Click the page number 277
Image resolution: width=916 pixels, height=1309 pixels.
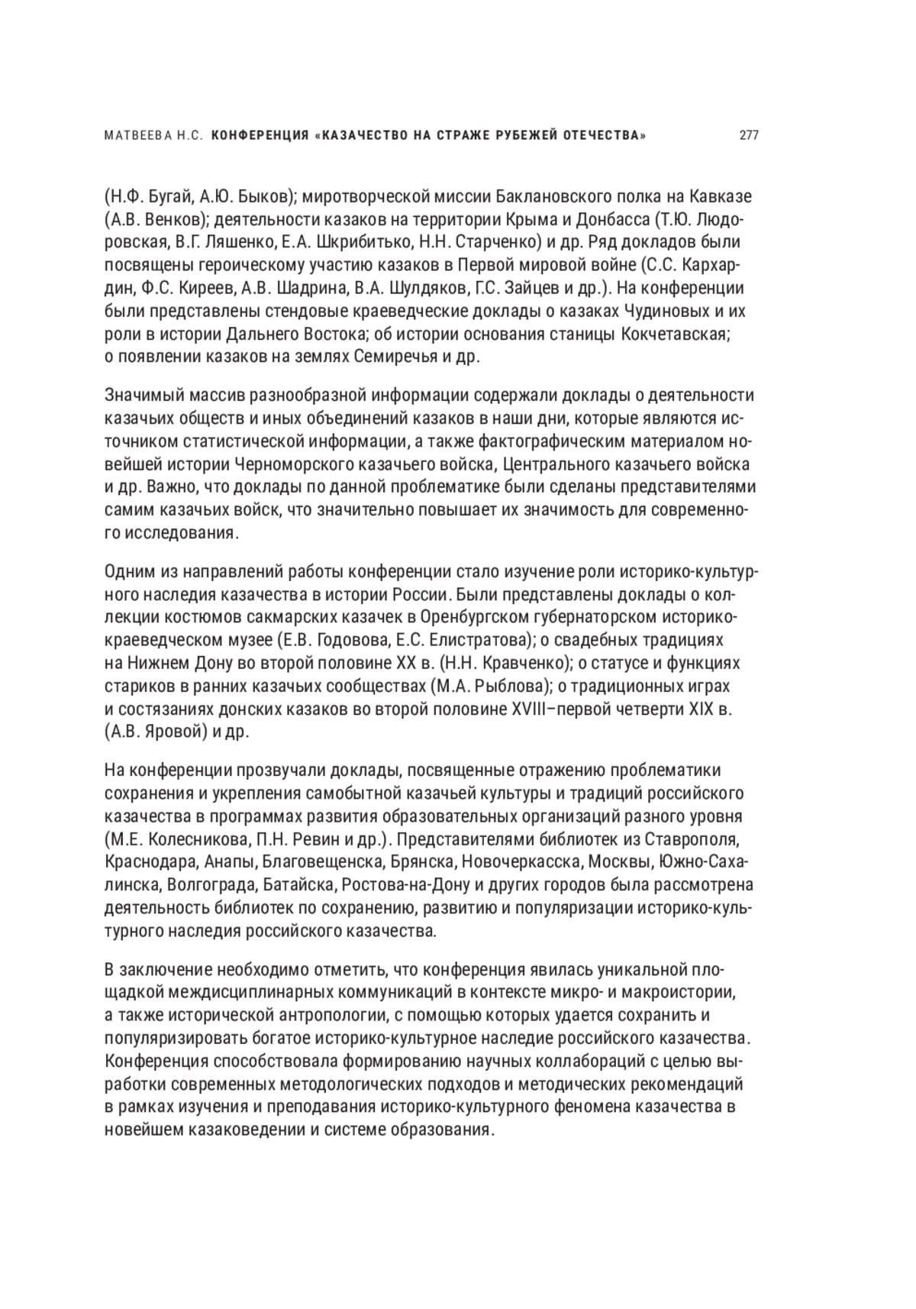point(748,137)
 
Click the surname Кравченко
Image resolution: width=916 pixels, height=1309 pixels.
point(518,663)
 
